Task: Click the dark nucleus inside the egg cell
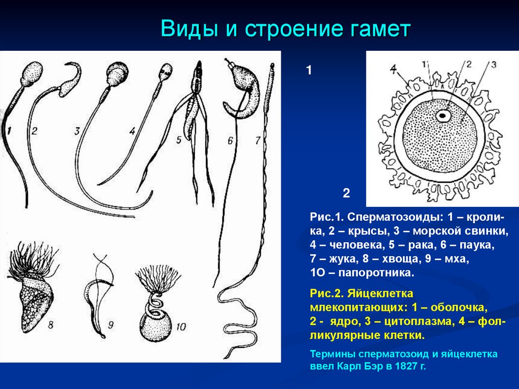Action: click(443, 116)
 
